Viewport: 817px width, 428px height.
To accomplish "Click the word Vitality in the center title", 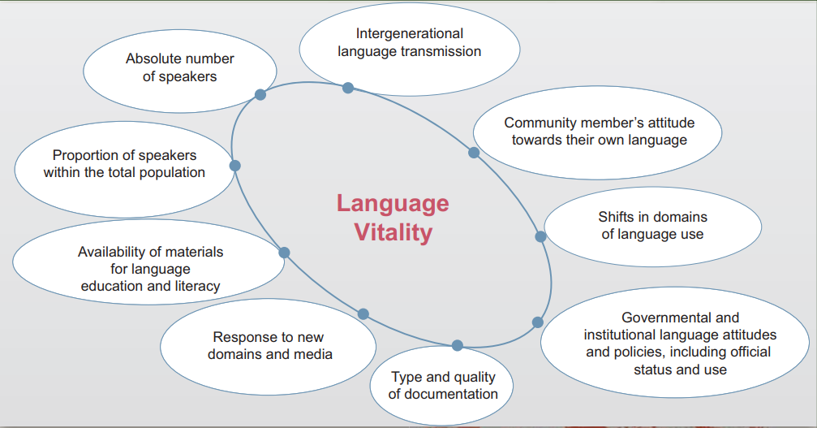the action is pos(393,232).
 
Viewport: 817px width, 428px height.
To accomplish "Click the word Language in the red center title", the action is pos(393,204).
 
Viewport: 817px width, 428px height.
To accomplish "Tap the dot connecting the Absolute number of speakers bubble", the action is pos(260,94).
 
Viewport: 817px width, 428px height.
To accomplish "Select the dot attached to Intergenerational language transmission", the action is pos(348,88).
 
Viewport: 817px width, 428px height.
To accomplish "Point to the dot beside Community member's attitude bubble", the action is pos(474,153).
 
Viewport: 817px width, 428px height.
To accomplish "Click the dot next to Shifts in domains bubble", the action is pos(541,236).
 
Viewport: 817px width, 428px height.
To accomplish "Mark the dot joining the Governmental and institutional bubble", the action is pos(538,322).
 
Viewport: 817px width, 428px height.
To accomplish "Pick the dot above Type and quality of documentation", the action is pos(458,345).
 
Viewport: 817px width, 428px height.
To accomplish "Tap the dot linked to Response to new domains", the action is pos(363,313).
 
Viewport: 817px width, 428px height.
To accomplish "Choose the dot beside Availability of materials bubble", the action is pos(284,253).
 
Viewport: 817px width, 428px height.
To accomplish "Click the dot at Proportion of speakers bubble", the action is pos(235,166).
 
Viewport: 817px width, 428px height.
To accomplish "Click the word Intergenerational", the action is pos(410,33).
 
